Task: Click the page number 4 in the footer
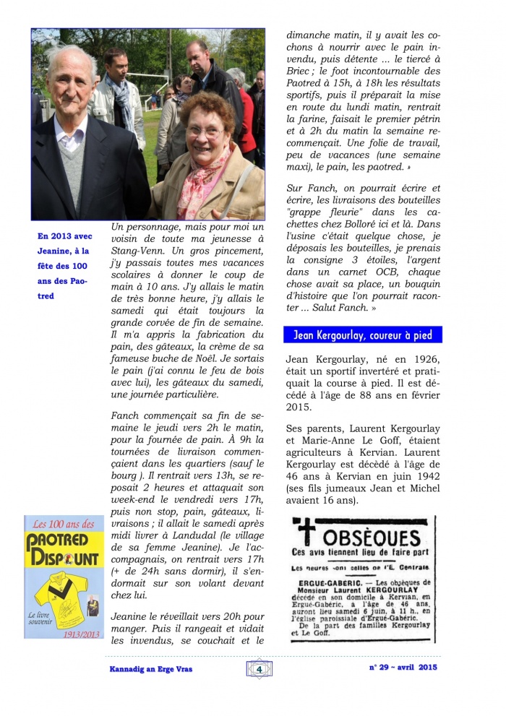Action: tap(259, 668)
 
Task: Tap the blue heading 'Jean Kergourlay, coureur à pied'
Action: tap(363, 335)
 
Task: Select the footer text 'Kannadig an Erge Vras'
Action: tap(146, 669)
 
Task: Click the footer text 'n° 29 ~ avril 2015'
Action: tap(403, 668)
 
